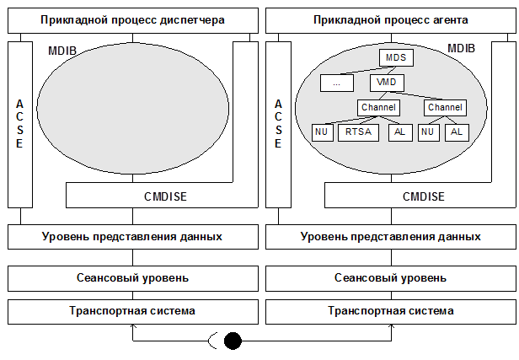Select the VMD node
[388, 83]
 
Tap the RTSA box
[358, 132]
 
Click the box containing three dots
[337, 83]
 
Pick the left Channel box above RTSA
[377, 108]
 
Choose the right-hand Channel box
[445, 108]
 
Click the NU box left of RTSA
[321, 132]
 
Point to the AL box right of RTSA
[399, 132]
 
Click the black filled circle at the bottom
[233, 341]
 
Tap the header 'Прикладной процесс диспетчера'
[131, 19]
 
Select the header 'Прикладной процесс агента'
[389, 19]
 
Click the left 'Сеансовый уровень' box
[131, 277]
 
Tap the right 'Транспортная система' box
[389, 310]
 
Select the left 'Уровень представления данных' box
[131, 236]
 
